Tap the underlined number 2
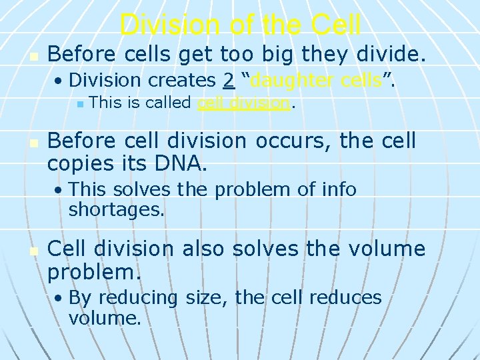(x=229, y=80)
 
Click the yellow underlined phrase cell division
(x=244, y=103)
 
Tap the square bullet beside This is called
(x=79, y=104)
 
